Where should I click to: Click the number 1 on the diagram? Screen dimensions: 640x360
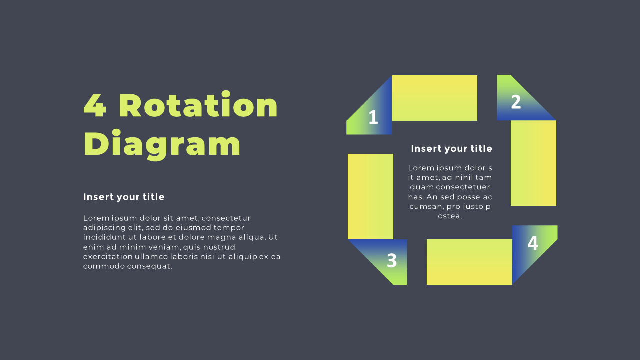pyautogui.click(x=373, y=117)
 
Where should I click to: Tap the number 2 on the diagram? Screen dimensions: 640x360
pyautogui.click(x=516, y=102)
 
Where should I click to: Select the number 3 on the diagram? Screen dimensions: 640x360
pyautogui.click(x=392, y=260)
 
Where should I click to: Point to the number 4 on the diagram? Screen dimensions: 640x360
pyautogui.click(x=533, y=243)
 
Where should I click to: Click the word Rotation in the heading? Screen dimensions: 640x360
pyautogui.click(x=198, y=104)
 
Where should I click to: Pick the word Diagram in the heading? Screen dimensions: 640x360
pyautogui.click(x=162, y=145)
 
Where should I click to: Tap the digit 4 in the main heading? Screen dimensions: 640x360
pyautogui.click(x=95, y=105)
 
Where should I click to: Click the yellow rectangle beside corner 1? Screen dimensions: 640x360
pyautogui.click(x=434, y=98)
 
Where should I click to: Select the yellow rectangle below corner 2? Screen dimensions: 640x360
pyautogui.click(x=533, y=163)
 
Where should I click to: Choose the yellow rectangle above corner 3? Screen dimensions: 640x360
pyautogui.click(x=370, y=196)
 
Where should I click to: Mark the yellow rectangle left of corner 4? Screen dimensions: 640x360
pyautogui.click(x=469, y=262)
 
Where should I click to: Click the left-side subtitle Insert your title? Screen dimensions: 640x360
pyautogui.click(x=124, y=197)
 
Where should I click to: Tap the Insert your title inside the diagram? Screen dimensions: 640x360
pyautogui.click(x=451, y=149)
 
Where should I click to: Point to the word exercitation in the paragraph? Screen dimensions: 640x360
pyautogui.click(x=108, y=257)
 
